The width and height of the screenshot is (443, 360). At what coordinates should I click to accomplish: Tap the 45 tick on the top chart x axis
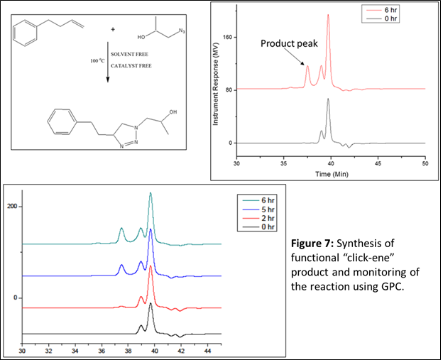coord(378,164)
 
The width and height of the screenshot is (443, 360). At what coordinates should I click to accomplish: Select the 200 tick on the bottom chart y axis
coord(12,207)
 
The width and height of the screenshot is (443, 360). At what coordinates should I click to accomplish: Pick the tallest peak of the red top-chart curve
coord(328,16)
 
